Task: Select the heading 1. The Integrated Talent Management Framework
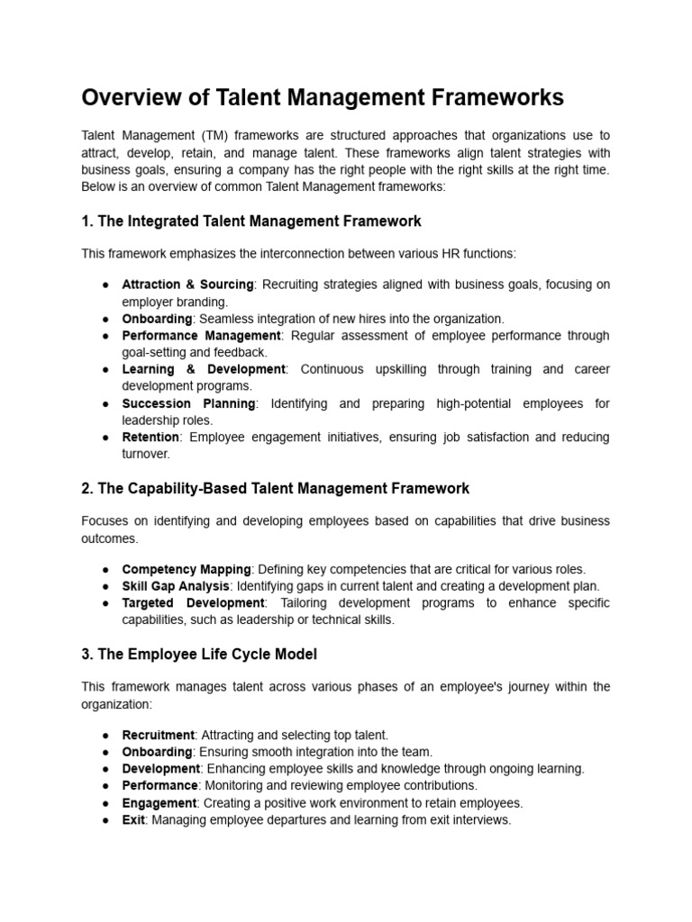(251, 221)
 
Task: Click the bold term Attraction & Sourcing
(187, 285)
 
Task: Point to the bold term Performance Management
(201, 336)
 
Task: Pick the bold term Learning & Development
(204, 369)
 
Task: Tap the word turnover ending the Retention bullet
(146, 454)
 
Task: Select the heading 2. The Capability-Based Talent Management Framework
(276, 489)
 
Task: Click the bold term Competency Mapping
(187, 569)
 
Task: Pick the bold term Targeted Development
(193, 602)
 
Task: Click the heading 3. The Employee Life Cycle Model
(199, 654)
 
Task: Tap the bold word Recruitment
(158, 736)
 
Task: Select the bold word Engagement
(159, 803)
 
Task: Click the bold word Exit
(133, 820)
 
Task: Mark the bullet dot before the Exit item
(105, 820)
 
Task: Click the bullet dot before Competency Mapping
(105, 569)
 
